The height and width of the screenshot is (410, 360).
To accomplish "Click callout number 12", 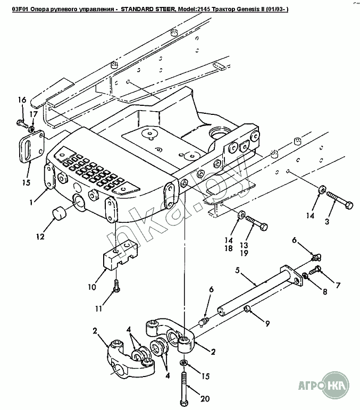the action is click(x=40, y=237).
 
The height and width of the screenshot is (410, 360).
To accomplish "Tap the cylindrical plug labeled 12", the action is click(x=60, y=213).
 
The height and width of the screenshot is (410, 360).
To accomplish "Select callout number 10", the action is click(x=92, y=287).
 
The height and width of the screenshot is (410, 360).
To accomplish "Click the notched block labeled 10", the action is click(x=121, y=255).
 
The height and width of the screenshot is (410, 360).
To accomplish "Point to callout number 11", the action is click(x=98, y=309).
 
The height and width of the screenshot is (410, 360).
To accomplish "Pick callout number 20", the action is click(x=205, y=399).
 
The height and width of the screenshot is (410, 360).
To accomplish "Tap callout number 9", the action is click(x=267, y=324).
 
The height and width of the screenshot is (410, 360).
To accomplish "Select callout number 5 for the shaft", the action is click(x=237, y=270).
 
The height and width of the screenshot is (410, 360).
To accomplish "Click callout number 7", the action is click(x=338, y=285).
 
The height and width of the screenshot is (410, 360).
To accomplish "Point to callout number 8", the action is click(x=325, y=291).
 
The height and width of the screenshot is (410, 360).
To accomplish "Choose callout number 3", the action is click(x=327, y=222).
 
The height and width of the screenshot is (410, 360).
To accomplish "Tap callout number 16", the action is click(x=22, y=99).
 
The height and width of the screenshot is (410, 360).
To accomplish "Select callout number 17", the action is click(x=34, y=114).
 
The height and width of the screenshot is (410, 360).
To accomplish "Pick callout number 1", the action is click(x=31, y=202).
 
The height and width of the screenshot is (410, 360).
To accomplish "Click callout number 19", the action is click(x=244, y=253).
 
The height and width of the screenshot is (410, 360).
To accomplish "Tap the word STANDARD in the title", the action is click(x=136, y=10).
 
